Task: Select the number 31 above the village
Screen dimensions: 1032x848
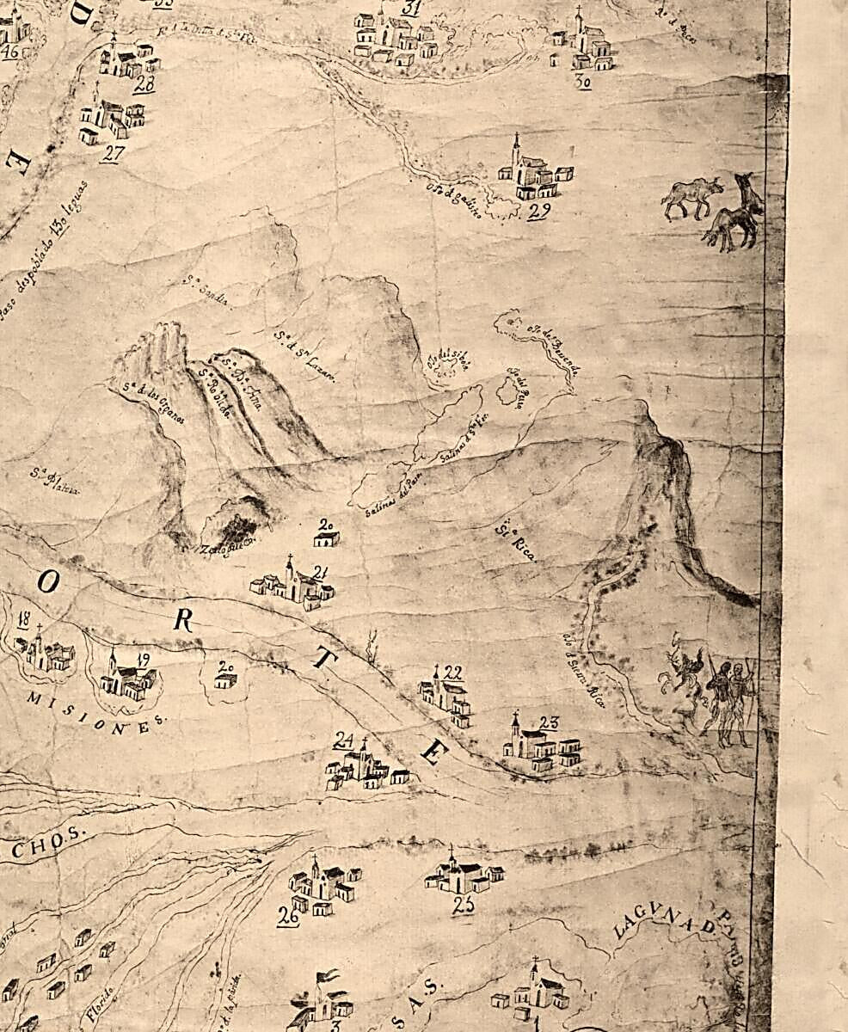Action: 411,9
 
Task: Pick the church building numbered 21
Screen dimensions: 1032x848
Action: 293,584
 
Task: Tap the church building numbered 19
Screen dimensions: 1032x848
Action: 126,679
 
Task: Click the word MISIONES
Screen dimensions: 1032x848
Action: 95,711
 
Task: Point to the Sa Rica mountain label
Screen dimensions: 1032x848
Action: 515,543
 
